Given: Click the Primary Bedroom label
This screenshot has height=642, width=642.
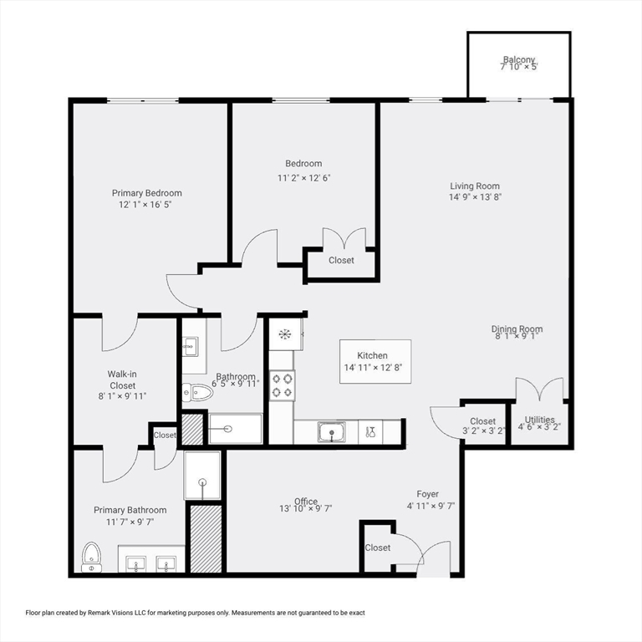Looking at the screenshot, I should point(147,193).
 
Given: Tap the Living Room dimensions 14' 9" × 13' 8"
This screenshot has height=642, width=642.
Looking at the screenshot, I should point(475,198).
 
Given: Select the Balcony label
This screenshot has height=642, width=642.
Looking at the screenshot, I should point(518,59).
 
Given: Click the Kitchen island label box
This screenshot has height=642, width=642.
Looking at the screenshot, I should point(375,361).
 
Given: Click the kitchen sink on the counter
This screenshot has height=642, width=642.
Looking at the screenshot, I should point(332,432).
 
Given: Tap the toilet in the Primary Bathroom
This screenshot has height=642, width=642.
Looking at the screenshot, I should point(91,557).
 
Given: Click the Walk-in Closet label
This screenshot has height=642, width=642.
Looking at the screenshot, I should point(122,380).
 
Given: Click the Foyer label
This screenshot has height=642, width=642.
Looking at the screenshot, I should point(427,494).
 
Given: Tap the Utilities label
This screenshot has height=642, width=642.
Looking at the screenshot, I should point(539,420).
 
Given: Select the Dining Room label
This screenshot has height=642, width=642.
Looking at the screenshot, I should point(517,329).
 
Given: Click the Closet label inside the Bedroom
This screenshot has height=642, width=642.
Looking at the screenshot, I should point(341,260).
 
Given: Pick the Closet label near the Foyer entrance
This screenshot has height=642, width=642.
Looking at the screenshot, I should point(377,548).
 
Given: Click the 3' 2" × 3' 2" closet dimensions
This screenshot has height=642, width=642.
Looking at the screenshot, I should point(483,432).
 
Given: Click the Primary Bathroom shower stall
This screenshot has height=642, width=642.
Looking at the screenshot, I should point(202,476).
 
